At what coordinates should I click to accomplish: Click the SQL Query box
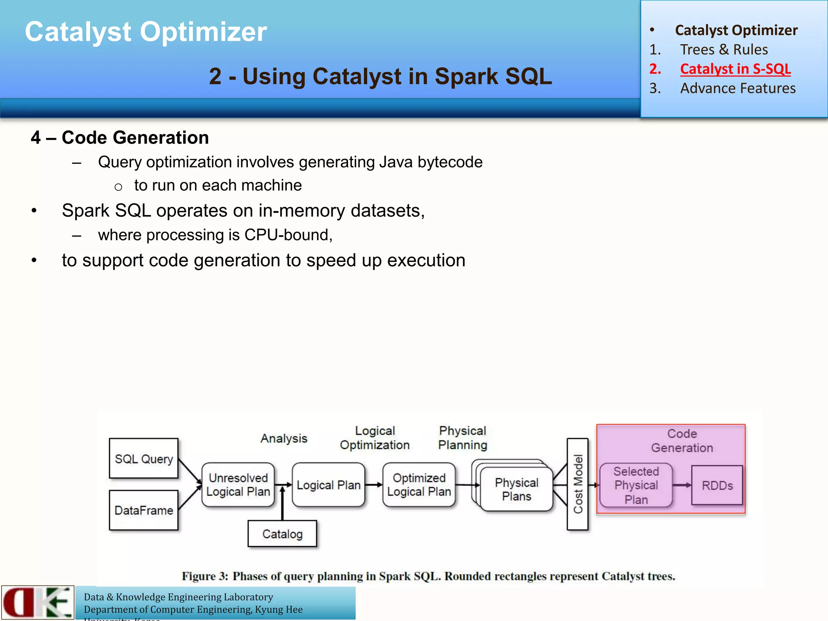coord(144,458)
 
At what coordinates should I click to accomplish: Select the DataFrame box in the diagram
coord(144,510)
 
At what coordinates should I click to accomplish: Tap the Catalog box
coord(282,534)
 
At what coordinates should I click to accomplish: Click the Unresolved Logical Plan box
coord(238,485)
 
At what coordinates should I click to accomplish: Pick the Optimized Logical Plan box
coord(419,485)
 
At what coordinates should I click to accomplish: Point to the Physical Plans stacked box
coord(516,489)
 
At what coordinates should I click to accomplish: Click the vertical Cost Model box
coord(578,484)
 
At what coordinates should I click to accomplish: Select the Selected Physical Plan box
coord(636,485)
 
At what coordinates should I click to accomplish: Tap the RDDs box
coord(717,485)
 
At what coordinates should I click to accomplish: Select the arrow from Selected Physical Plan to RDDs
coord(682,485)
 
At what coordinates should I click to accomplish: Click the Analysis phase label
coord(284,438)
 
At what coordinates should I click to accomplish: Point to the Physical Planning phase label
coord(463,438)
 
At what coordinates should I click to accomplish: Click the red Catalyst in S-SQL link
coord(735,69)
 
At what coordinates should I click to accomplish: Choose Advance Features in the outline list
coord(737,88)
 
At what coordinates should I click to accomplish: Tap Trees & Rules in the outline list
coord(724,49)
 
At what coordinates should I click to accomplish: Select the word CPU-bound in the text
coord(287,235)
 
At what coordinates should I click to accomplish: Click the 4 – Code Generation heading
coord(120,137)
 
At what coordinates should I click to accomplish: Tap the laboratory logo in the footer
coord(38,602)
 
